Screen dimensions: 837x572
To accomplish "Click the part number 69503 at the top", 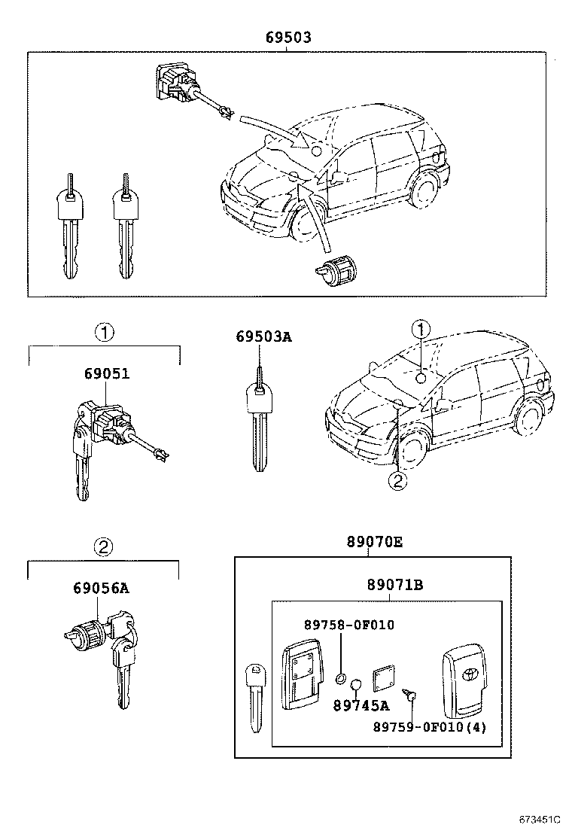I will click(288, 37).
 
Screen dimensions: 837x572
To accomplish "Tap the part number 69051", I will click(105, 373).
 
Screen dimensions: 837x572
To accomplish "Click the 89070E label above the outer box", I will click(369, 540).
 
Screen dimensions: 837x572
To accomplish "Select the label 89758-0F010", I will click(348, 625).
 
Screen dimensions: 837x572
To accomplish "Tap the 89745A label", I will click(361, 705).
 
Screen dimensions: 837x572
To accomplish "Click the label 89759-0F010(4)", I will click(430, 727).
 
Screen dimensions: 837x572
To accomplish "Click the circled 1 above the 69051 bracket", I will click(104, 331).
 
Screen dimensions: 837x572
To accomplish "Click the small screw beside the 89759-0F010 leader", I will click(410, 696).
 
